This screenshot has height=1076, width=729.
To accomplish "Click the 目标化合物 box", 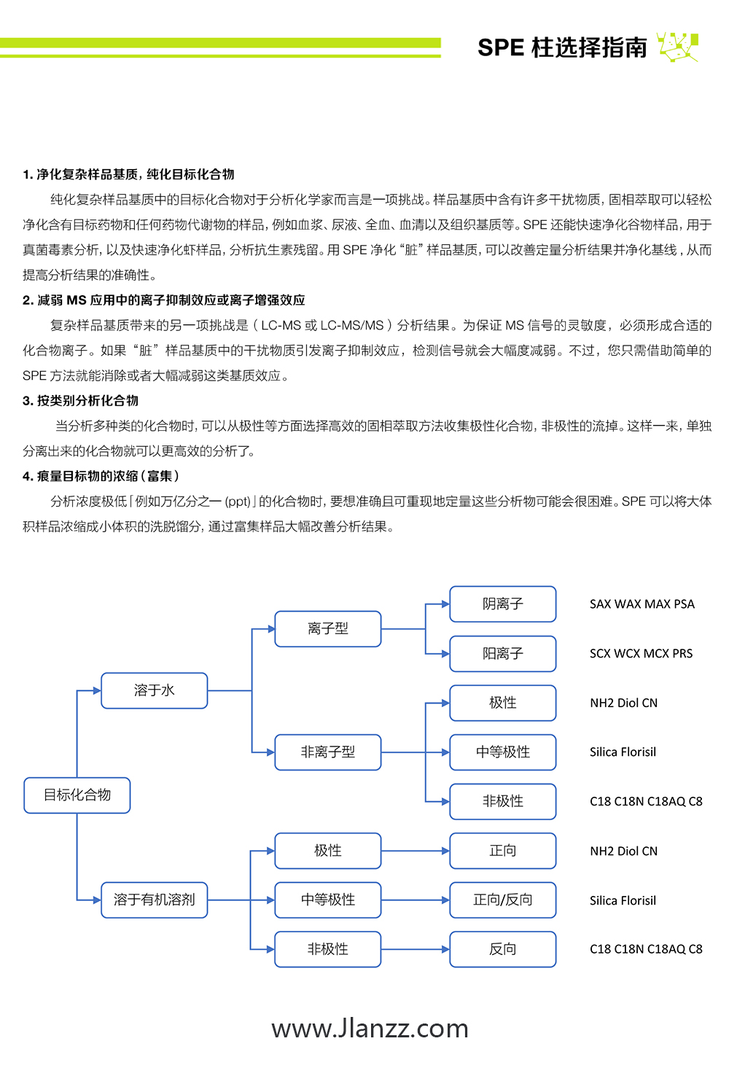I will (x=77, y=795).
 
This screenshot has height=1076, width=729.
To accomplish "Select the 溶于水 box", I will (x=154, y=690).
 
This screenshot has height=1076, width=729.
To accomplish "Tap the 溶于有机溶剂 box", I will (x=154, y=900).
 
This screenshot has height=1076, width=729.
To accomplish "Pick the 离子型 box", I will (x=328, y=628).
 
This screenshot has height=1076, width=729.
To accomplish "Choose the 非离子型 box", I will (x=328, y=752).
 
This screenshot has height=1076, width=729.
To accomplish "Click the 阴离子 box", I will (x=503, y=604).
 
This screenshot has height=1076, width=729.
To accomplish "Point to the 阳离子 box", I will (x=503, y=654).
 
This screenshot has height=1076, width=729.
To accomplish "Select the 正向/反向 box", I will (x=503, y=900).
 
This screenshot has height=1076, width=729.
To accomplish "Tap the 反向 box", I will (x=503, y=949).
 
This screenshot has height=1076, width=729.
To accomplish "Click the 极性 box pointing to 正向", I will (x=328, y=851).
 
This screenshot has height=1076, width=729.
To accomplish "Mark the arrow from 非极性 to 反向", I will (x=415, y=949).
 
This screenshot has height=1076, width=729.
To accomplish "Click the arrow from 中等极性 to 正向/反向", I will (x=415, y=900).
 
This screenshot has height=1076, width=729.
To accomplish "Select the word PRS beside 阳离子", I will (x=682, y=654).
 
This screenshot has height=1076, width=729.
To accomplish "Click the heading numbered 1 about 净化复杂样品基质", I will (x=128, y=174).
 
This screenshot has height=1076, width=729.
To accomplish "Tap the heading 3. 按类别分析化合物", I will (x=80, y=401).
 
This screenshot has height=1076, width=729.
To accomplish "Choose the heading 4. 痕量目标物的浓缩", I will (x=101, y=476).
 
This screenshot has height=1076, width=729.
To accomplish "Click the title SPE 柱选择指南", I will (x=562, y=47).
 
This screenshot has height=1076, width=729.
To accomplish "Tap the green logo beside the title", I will (x=678, y=46).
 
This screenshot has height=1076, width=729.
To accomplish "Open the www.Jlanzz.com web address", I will (x=370, y=1029).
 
